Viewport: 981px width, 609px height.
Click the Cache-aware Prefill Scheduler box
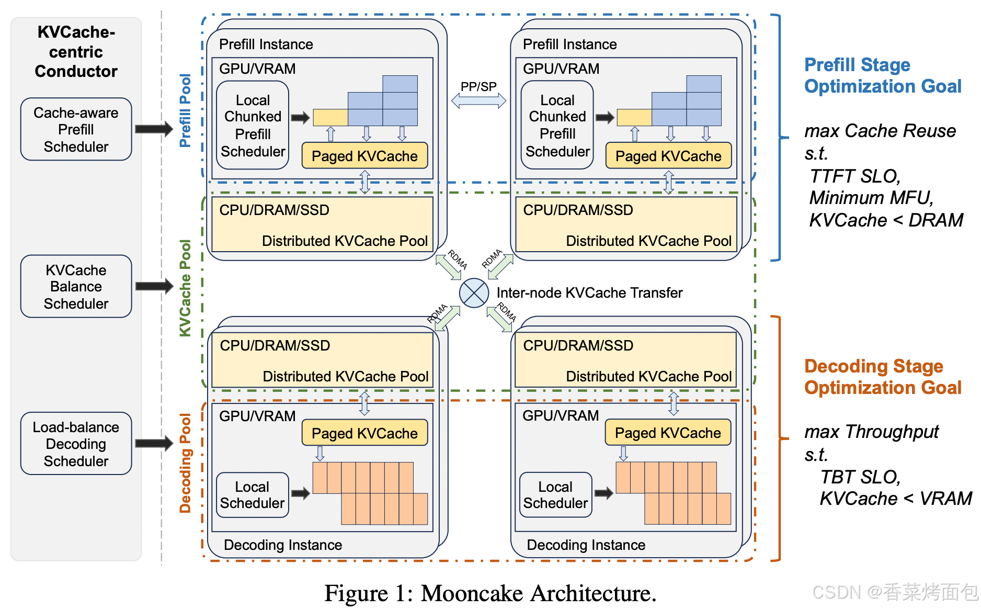click(x=76, y=129)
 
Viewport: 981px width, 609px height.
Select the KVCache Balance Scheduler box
click(x=76, y=286)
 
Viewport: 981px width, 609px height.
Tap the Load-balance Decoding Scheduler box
click(x=76, y=444)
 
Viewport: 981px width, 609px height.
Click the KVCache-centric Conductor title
click(x=76, y=52)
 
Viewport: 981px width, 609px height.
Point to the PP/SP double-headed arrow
click(x=478, y=100)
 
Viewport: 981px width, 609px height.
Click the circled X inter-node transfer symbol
click(x=474, y=293)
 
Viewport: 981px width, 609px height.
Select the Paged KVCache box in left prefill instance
click(x=364, y=156)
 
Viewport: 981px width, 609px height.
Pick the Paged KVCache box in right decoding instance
click(x=668, y=433)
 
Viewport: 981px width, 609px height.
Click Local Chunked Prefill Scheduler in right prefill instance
click(x=557, y=125)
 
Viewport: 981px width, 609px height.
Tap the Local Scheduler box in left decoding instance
click(x=252, y=495)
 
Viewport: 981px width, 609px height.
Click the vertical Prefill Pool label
click(x=185, y=110)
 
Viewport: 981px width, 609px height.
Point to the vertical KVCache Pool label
click(x=185, y=288)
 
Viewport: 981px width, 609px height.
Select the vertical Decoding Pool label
click(x=185, y=463)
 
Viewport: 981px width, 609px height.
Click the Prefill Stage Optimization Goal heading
click(x=883, y=75)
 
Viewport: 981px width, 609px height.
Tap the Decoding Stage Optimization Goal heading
click(x=883, y=377)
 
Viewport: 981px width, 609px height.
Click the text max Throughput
click(x=872, y=432)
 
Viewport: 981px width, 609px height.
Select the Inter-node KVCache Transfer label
click(x=589, y=292)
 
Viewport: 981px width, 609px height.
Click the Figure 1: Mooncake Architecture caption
click(x=490, y=593)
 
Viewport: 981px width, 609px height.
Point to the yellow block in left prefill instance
click(x=330, y=117)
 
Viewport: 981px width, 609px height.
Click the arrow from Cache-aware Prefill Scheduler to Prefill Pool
click(x=154, y=129)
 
